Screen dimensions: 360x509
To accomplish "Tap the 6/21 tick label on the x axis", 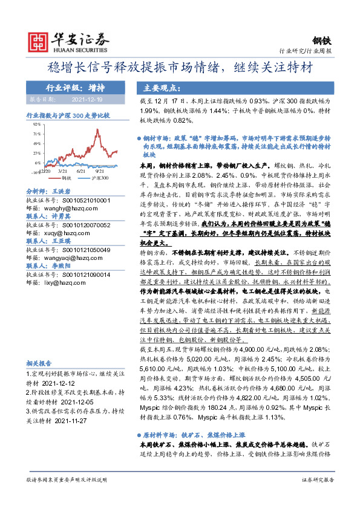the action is (81, 171).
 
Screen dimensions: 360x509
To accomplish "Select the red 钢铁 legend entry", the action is (65, 178).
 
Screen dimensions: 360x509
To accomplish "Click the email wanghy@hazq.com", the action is (65, 207).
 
